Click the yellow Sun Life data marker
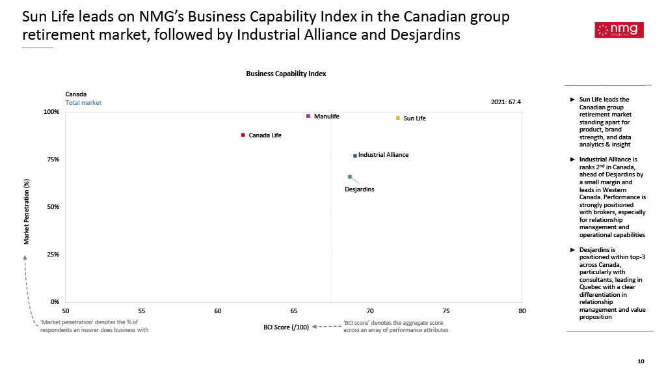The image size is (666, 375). click(x=397, y=118)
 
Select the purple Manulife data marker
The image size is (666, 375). click(x=308, y=116)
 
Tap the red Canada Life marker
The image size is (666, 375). click(x=243, y=135)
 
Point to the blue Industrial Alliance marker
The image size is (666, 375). click(x=355, y=156)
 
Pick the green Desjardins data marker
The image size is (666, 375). click(x=350, y=176)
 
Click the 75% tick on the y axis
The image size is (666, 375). click(x=52, y=160)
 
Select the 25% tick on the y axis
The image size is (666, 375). click(x=52, y=255)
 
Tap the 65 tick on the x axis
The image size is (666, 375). click(x=294, y=311)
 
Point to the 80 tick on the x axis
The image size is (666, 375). click(x=522, y=311)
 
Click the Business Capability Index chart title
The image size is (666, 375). click(x=286, y=74)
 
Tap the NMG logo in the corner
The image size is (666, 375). click(x=619, y=29)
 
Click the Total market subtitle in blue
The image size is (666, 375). click(x=83, y=103)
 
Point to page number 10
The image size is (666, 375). click(x=641, y=361)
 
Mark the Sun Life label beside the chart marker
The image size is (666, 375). click(x=414, y=118)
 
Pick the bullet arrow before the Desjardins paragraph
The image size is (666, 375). click(x=572, y=249)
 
